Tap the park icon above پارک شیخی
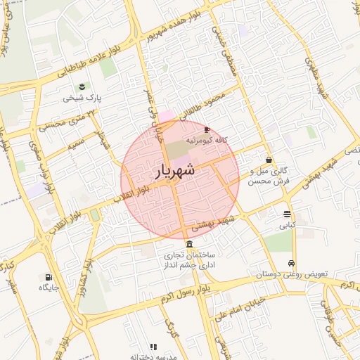pos(82,86)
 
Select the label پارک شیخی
pos(83,98)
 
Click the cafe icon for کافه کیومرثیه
pos(207,130)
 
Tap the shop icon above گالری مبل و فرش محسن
pos(269,160)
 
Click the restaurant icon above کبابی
pos(287,214)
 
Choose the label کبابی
pos(288,226)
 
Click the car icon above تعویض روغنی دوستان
pos(292,264)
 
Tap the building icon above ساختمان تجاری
pos(191,243)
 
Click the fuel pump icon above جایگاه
pos(49,277)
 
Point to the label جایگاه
pos(49,288)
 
